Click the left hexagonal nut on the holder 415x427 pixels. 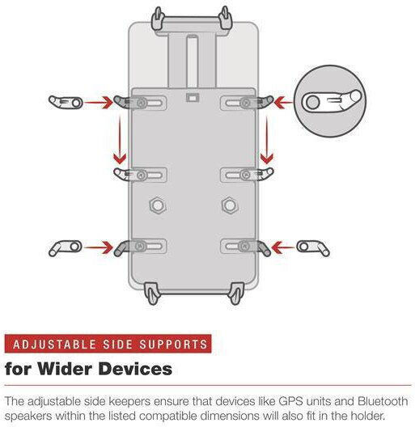click(158, 205)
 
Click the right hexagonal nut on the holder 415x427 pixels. click(230, 205)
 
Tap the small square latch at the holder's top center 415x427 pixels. click(193, 98)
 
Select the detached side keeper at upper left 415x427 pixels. click(66, 102)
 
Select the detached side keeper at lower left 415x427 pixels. click(66, 247)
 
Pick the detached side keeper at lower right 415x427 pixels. click(313, 247)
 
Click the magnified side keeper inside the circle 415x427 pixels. click(331, 101)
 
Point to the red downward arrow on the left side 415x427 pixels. click(120, 139)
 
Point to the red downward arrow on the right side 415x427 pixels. click(266, 139)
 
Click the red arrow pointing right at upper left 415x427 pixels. click(99, 103)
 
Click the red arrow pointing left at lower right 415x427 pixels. click(283, 247)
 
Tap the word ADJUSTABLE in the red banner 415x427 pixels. click(54, 345)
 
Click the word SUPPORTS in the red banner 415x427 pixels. click(174, 345)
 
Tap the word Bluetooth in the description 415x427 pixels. click(383, 401)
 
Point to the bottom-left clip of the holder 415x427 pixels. click(151, 294)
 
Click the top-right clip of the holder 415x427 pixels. click(226, 19)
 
